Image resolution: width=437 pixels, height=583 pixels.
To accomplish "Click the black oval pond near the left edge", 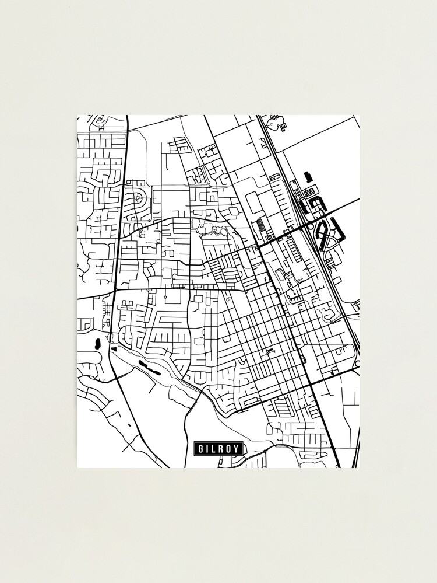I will [97, 343].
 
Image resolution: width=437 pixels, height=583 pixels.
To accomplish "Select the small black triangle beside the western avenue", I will [114, 348].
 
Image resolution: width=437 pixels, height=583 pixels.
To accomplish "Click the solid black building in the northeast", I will [308, 176].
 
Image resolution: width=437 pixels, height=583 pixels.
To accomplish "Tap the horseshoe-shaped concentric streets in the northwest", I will [139, 197].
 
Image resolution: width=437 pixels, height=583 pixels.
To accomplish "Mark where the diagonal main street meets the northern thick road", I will [257, 247].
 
